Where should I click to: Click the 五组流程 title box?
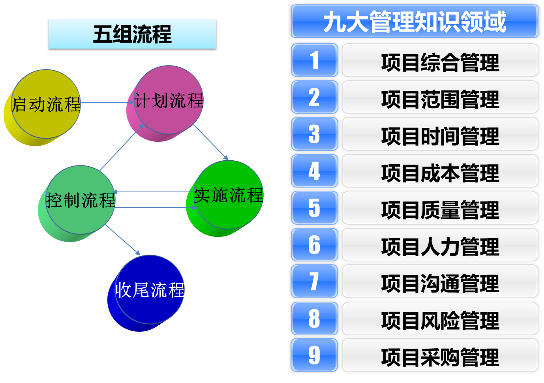tap(132, 34)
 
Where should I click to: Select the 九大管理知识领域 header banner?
tap(415, 21)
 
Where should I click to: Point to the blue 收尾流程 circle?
tap(150, 290)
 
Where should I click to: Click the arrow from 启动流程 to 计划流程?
tap(105, 102)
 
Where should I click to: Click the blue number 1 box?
tap(314, 60)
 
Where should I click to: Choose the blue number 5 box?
tap(314, 208)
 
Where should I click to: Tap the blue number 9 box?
tap(314, 355)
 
